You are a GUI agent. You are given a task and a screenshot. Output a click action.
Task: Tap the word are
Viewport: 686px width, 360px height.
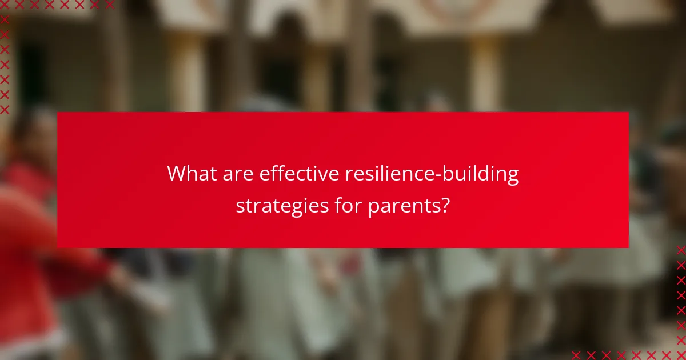237,174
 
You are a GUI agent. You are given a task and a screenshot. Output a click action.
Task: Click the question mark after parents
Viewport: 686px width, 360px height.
444,205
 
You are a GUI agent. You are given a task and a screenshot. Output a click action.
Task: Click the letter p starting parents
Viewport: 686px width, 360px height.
372,207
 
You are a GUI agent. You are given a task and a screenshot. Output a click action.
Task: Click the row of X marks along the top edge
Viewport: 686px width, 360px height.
57,5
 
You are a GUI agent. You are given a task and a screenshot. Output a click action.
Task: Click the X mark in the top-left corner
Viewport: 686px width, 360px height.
5,5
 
